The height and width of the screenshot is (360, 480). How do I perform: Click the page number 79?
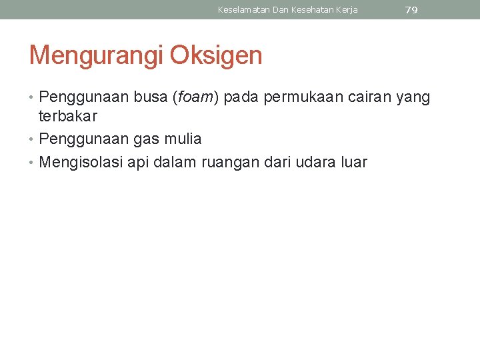[411, 10]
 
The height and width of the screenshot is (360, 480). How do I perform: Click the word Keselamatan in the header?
[243, 10]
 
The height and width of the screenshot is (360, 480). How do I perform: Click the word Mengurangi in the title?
[96, 56]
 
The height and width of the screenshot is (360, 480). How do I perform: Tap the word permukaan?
[304, 99]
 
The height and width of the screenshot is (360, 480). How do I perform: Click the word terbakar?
[68, 116]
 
